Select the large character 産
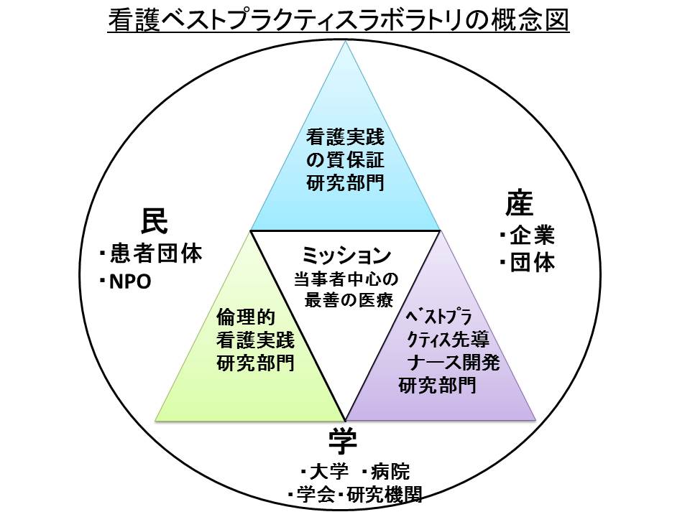(x=519, y=205)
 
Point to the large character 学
(x=344, y=442)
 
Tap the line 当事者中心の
(x=345, y=278)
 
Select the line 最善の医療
(x=345, y=299)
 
